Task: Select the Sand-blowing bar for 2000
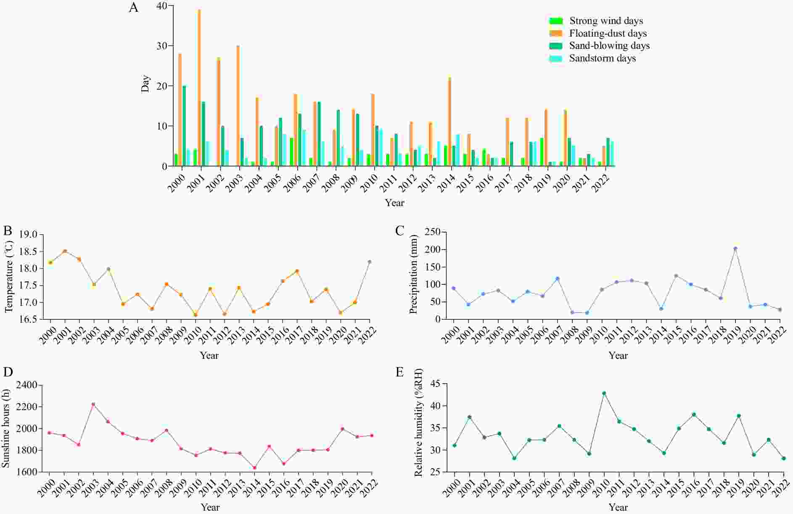click(184, 126)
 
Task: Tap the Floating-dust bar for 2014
click(449, 122)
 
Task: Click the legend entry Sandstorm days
click(602, 58)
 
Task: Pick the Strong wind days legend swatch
click(556, 21)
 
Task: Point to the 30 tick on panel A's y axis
click(162, 46)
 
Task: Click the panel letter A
click(134, 8)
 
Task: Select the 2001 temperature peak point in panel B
click(65, 251)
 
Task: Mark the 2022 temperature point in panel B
click(370, 262)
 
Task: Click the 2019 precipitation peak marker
click(735, 248)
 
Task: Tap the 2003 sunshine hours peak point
click(93, 404)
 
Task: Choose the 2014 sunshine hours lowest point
click(254, 468)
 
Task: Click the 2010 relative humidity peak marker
click(604, 393)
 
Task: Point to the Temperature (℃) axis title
click(9, 276)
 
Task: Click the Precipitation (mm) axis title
click(413, 274)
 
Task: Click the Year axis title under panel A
click(394, 203)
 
